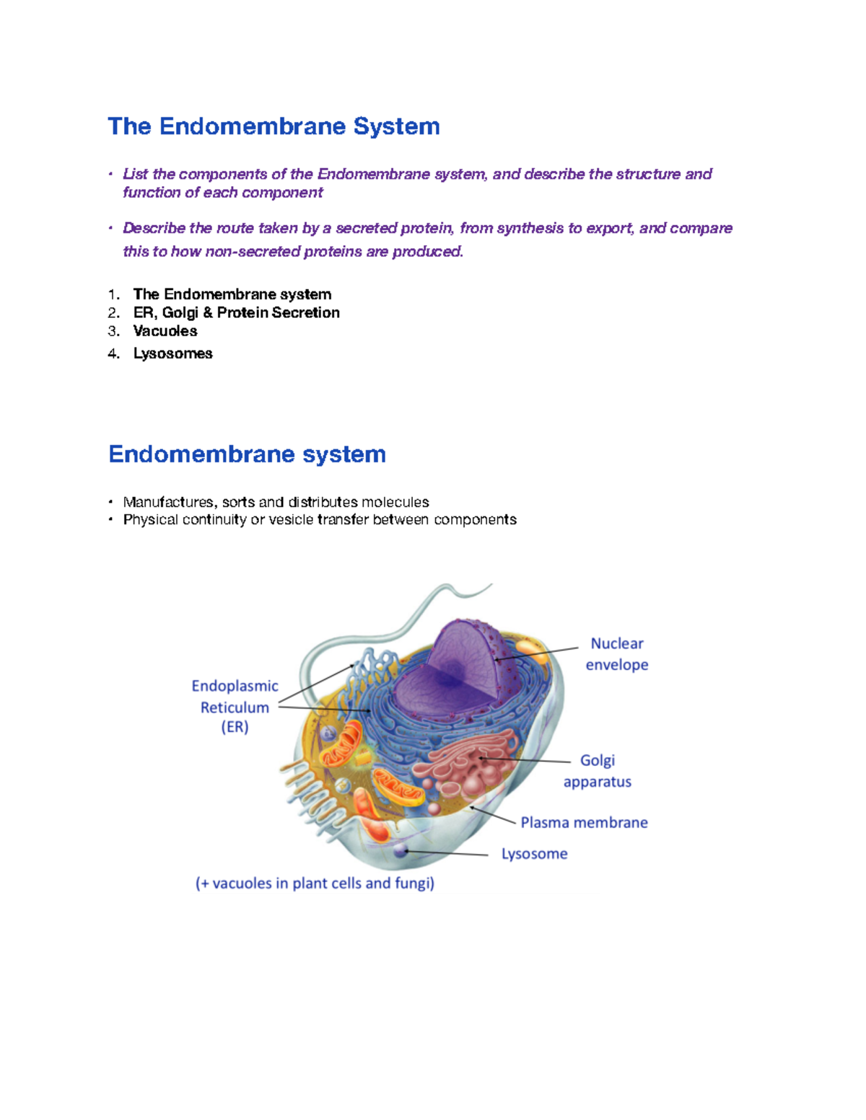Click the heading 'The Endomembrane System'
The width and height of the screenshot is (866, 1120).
(x=274, y=126)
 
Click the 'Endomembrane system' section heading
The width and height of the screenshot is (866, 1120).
(x=247, y=454)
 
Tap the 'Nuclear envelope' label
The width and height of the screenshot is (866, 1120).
(x=616, y=654)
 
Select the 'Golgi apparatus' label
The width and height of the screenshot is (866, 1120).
(x=597, y=771)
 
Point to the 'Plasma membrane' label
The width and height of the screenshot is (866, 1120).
(x=584, y=823)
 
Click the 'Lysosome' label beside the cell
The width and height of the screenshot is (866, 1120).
(x=534, y=854)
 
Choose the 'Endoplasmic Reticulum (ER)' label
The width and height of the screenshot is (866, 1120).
(x=235, y=707)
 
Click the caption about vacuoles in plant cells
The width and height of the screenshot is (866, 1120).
(x=315, y=883)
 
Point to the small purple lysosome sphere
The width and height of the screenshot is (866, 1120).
(x=400, y=852)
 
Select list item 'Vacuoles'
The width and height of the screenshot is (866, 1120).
(x=165, y=331)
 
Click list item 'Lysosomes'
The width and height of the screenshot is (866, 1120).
(x=172, y=353)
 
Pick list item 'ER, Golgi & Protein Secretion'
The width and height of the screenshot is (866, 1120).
(x=236, y=312)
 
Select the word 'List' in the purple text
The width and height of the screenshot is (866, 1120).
(x=135, y=174)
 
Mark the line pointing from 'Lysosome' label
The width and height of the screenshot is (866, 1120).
(x=447, y=853)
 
